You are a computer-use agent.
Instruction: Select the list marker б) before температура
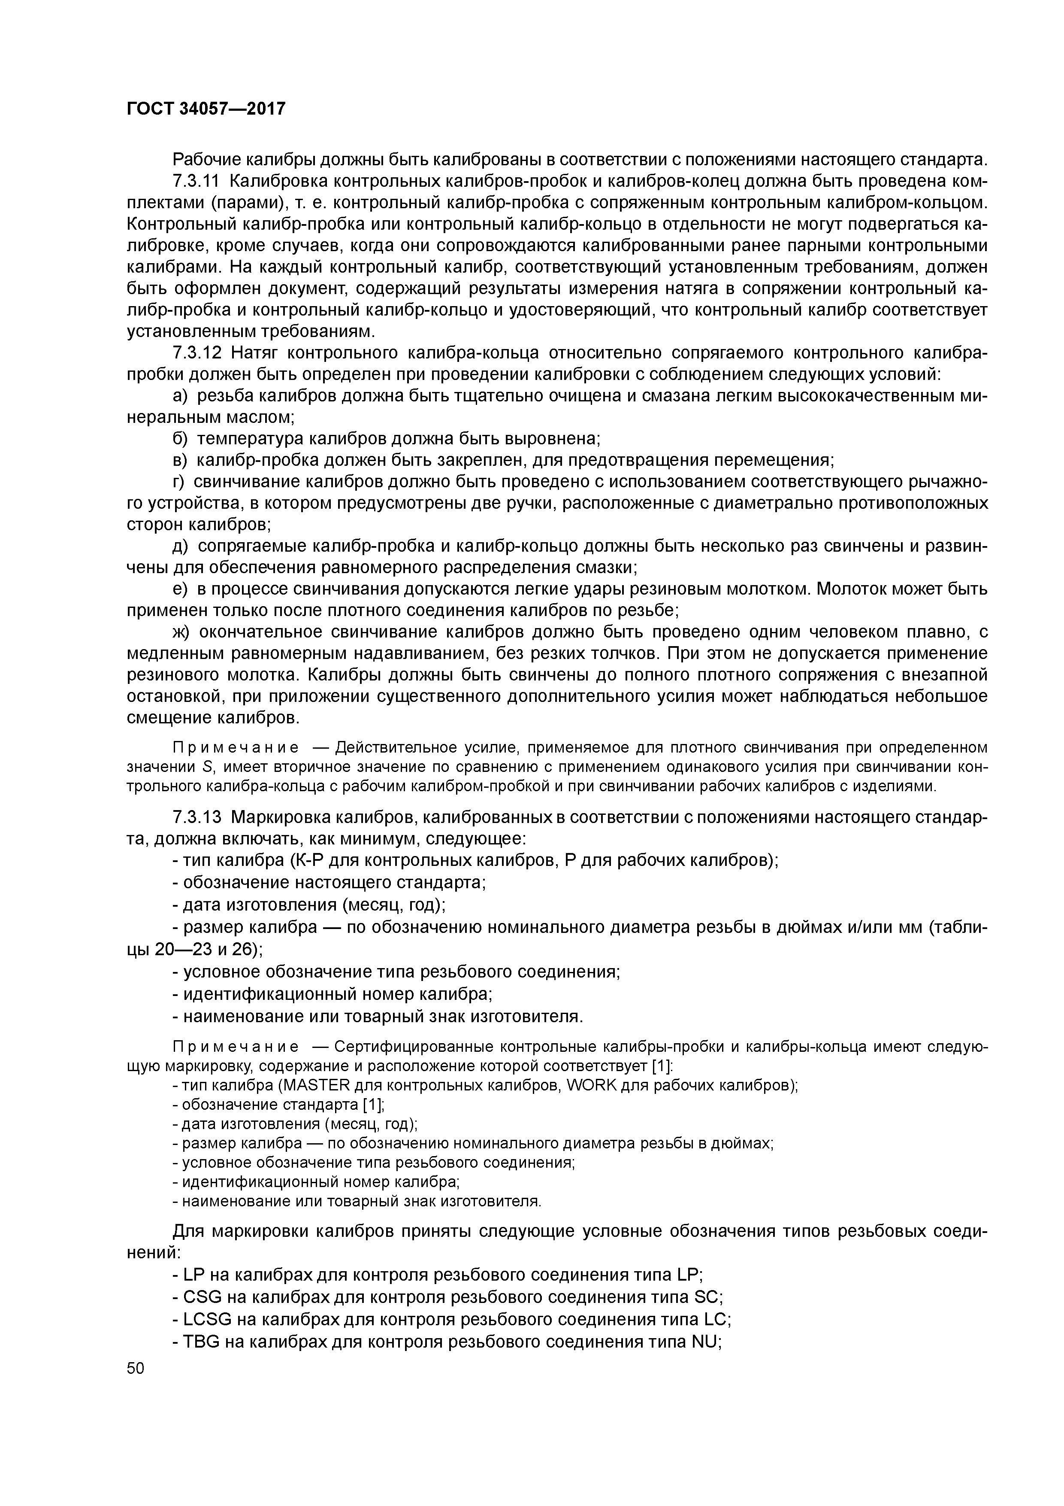180,438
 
